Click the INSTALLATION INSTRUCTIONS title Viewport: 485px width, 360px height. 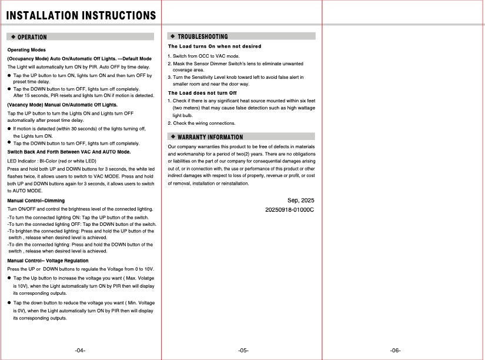(81, 15)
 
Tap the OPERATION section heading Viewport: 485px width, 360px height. (36, 37)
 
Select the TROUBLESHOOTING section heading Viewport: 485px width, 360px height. (202, 36)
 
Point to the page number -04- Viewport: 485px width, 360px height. (81, 351)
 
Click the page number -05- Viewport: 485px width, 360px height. (243, 351)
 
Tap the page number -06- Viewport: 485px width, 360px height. (396, 351)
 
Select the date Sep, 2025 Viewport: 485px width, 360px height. (300, 201)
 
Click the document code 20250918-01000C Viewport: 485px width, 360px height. (290, 209)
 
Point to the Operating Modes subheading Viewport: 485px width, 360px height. (26, 50)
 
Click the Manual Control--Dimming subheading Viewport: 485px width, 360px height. (36, 201)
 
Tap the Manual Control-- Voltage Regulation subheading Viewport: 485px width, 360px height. (48, 261)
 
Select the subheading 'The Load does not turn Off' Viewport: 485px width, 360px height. (202, 93)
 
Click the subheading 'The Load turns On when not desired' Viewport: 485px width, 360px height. (215, 46)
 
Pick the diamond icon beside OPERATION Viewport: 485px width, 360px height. (13, 37)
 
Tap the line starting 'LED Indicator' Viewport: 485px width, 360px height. (52, 161)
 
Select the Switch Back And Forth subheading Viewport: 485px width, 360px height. (69, 152)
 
